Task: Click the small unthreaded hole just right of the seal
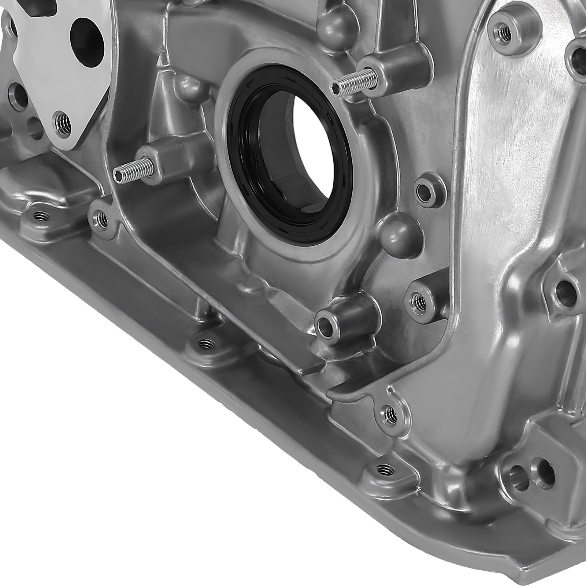[424, 189]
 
